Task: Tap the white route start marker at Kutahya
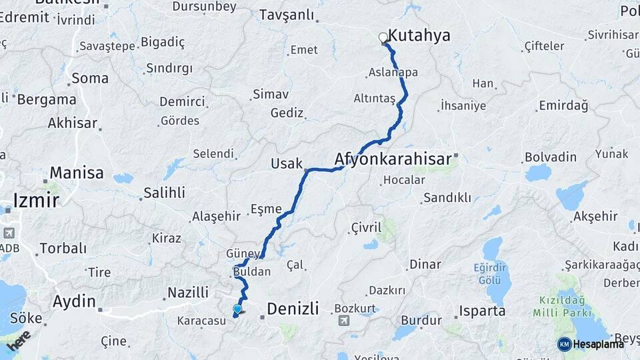[x=383, y=37]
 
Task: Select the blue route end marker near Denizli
[x=237, y=309]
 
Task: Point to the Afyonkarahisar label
[x=393, y=159]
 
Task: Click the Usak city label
[x=287, y=163]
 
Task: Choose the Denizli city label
[x=293, y=308]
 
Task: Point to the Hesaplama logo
[x=591, y=344]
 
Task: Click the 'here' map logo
[x=19, y=341]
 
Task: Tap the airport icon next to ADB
[x=9, y=233]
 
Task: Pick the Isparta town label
[x=481, y=311]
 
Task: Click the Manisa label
[x=77, y=173]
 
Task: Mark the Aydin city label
[x=74, y=301]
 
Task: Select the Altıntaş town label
[x=374, y=99]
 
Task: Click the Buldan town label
[x=252, y=272]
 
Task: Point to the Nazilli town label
[x=187, y=292]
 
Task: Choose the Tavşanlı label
[x=286, y=14]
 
